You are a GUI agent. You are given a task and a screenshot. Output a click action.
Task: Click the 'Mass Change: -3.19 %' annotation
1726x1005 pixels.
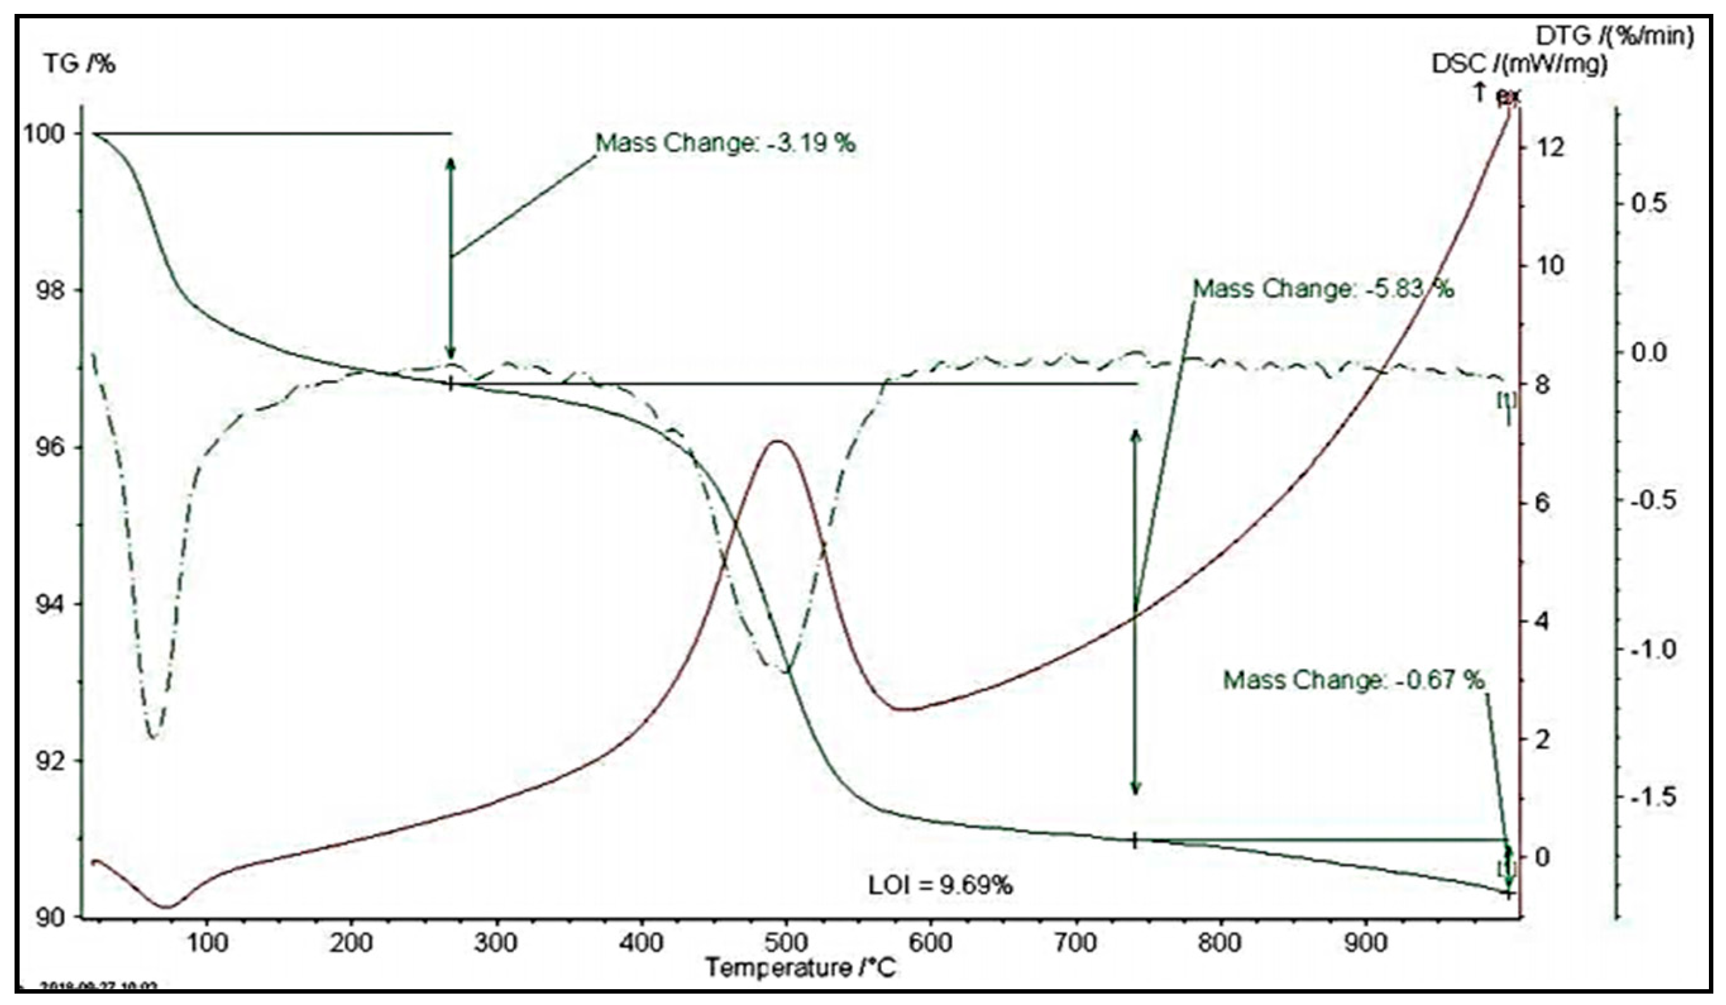[x=725, y=143]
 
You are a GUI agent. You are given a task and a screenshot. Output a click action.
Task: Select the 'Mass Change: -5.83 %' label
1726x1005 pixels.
[x=1323, y=289]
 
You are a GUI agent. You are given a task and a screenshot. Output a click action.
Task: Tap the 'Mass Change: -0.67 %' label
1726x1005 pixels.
[x=1354, y=681]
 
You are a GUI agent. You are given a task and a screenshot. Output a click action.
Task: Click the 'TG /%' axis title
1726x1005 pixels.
[x=80, y=65]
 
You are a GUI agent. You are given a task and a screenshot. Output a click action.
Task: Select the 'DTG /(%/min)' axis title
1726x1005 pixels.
[x=1615, y=35]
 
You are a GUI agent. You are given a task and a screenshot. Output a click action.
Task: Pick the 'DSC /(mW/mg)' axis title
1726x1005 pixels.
[x=1520, y=65]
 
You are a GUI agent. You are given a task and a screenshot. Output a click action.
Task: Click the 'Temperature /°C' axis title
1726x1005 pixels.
[x=800, y=968]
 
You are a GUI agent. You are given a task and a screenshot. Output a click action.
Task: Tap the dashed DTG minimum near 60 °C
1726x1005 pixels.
[x=153, y=737]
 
